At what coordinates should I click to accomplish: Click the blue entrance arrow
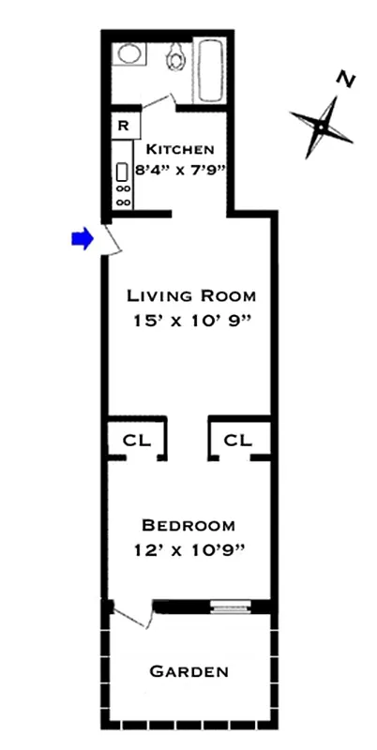83,239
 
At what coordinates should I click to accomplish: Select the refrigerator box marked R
123,125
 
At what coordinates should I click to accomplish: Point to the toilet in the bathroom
174,60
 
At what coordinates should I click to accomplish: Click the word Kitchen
180,149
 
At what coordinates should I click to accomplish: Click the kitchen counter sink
121,172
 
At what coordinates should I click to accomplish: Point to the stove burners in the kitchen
122,196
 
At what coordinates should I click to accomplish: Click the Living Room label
191,296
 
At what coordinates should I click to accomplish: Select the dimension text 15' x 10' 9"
191,320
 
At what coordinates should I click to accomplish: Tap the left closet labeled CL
134,438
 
